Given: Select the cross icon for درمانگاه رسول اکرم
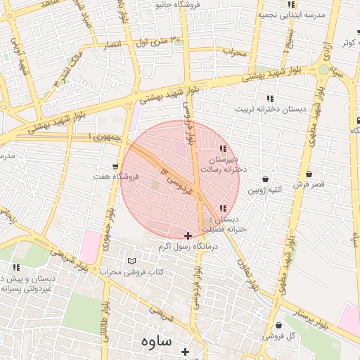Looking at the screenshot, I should (x=187, y=235).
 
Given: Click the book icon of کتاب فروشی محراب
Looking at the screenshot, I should (x=131, y=262).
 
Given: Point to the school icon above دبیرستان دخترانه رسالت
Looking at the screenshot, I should (x=224, y=149).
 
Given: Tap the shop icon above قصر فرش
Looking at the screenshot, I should (x=309, y=174).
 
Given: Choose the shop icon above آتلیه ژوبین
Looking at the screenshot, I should (x=266, y=179).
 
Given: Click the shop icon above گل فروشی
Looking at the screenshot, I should (x=279, y=326).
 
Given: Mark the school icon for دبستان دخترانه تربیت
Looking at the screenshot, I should (x=270, y=98).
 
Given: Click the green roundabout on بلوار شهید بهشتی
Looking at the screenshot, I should (x=323, y=70).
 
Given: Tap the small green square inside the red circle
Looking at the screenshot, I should (x=155, y=185).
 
